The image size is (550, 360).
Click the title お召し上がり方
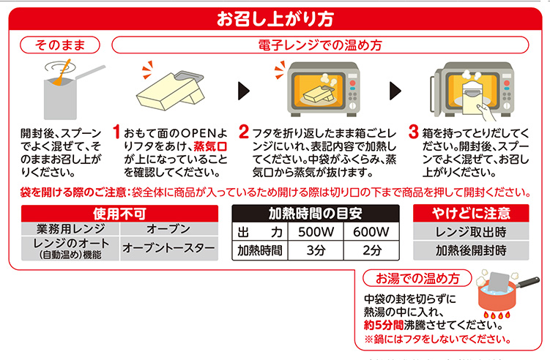pos(275,19)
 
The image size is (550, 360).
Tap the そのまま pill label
pos(60,45)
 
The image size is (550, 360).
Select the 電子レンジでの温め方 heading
pos(320,45)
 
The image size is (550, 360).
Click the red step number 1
pos(116,132)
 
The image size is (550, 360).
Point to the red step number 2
pos(243,132)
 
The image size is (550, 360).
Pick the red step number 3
pos(414,132)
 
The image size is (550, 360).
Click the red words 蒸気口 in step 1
pos(210,146)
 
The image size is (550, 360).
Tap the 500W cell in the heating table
pos(316,232)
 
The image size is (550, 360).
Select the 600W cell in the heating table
pos(371,232)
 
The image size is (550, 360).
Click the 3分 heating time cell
pos(316,250)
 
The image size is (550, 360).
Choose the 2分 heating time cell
pos(371,250)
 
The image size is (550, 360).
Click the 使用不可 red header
pos(119,214)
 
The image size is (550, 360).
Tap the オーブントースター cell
pos(168,248)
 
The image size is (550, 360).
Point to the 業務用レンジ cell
pos(70,229)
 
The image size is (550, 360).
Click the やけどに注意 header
pos(471,213)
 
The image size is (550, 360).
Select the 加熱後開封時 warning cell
pos(471,250)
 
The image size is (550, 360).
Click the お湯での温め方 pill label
pos(417,278)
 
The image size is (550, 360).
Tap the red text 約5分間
pos(384,325)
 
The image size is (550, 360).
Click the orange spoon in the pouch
pos(62,72)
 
